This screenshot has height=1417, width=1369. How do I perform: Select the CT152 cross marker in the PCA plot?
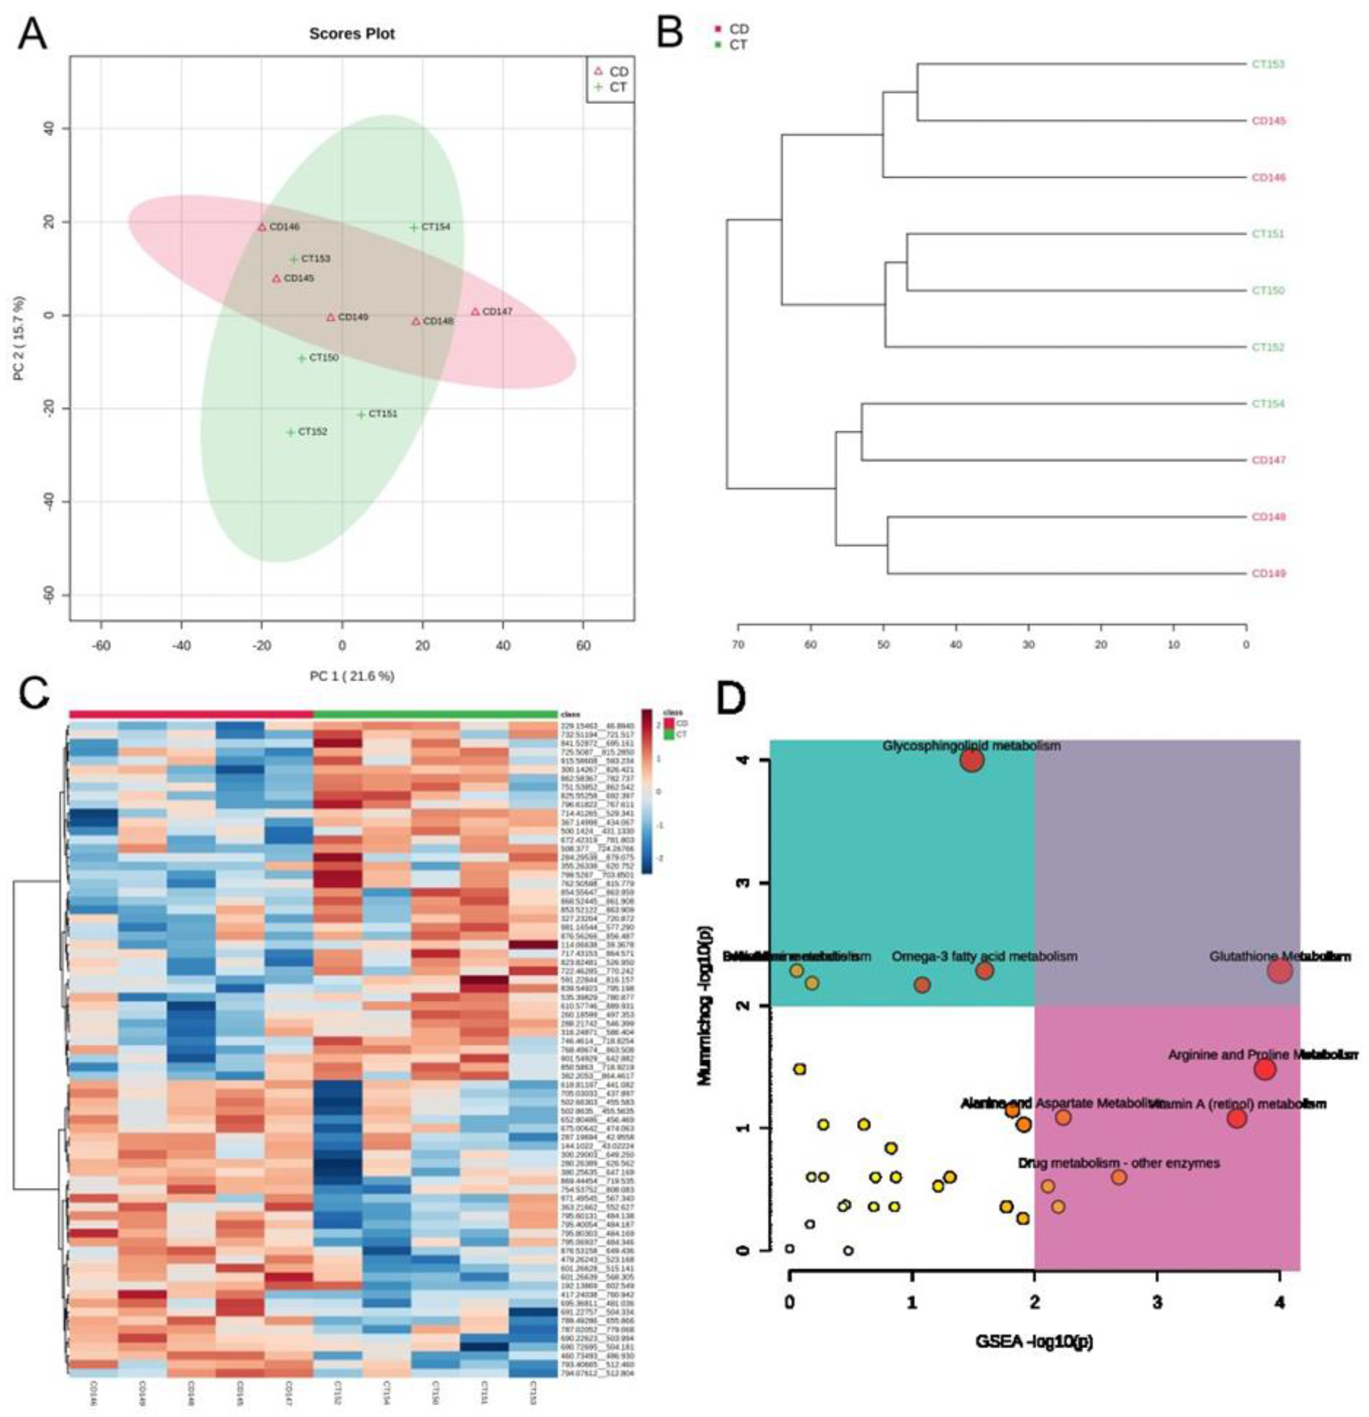pos(291,432)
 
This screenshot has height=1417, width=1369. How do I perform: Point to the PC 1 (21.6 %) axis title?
pos(352,676)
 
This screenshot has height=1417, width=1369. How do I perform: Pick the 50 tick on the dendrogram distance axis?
pos(883,644)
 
